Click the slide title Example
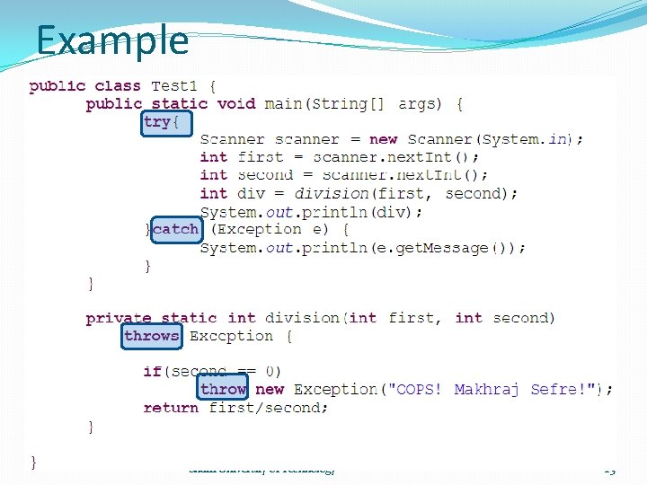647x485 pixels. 112,41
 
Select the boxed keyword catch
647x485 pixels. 175,229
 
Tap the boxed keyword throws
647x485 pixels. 152,336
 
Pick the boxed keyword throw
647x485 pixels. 223,389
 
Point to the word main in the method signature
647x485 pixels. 283,104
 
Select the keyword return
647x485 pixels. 171,408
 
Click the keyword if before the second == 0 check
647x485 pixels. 152,371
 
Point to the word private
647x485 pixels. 119,318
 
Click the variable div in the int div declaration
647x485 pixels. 251,193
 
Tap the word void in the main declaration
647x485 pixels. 236,104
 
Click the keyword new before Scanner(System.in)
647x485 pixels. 384,139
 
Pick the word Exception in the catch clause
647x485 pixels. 255,229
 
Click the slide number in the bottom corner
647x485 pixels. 610,470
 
